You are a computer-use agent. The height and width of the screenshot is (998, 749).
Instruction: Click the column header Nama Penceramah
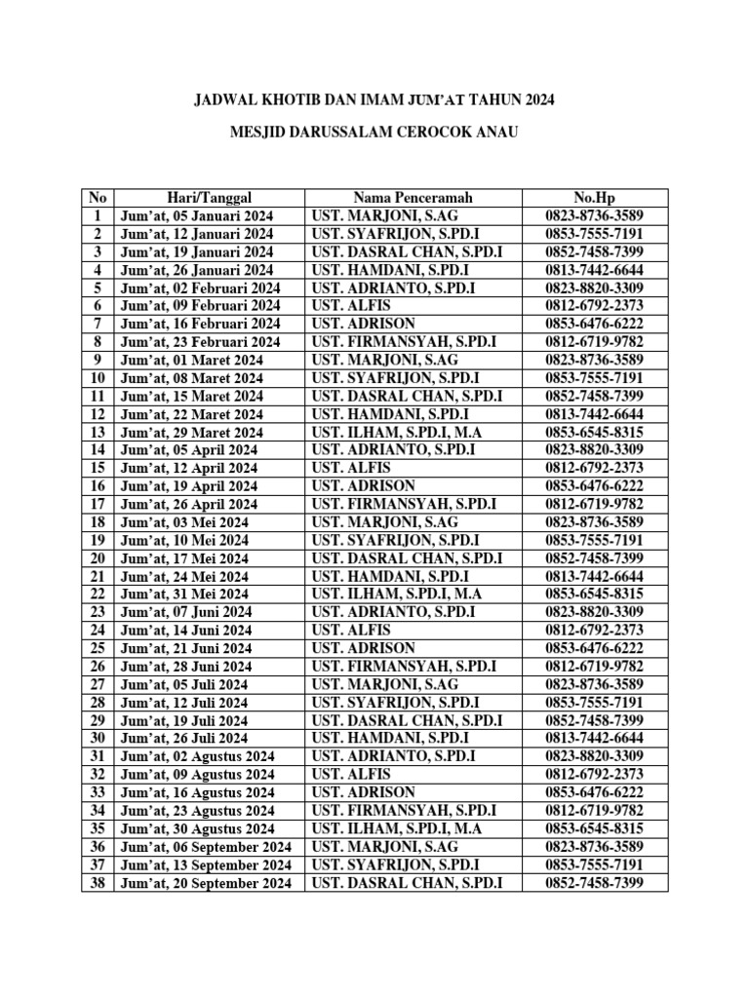click(x=414, y=198)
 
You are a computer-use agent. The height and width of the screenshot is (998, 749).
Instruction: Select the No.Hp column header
click(x=595, y=198)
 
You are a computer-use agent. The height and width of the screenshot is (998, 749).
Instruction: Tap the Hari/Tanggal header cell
click(x=196, y=198)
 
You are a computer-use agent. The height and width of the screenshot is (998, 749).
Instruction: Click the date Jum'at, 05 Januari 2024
click(x=196, y=216)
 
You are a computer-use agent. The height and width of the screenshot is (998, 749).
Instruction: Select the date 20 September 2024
click(x=206, y=884)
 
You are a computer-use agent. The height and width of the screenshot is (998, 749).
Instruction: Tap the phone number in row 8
click(x=595, y=342)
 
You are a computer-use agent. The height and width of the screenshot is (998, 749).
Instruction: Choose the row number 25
click(x=98, y=649)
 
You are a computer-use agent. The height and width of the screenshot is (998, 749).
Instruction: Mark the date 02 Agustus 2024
click(x=197, y=757)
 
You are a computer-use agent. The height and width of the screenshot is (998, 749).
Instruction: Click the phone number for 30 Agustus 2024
click(x=595, y=829)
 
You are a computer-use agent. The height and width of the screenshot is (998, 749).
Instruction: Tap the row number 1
click(x=98, y=216)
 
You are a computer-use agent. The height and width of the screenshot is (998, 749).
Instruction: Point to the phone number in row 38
click(x=595, y=884)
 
